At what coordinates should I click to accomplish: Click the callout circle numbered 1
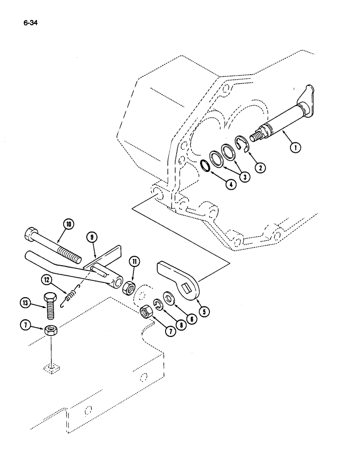[x=296, y=148]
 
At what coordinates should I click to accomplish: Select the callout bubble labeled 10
[x=68, y=225]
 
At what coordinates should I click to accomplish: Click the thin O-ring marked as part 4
[x=205, y=165]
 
